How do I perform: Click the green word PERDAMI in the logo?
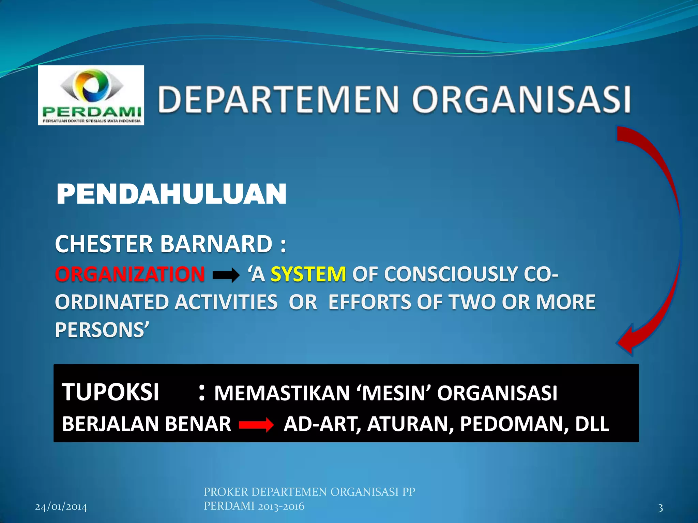[x=91, y=111]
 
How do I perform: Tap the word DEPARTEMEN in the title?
[x=278, y=99]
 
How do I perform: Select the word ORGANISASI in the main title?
[x=521, y=99]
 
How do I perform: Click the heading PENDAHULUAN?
[x=171, y=194]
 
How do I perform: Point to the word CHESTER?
[x=104, y=244]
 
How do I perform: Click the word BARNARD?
[x=216, y=244]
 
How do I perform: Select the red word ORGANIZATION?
[x=130, y=274]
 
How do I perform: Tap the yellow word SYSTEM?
[x=308, y=274]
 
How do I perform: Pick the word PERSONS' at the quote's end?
[x=102, y=330]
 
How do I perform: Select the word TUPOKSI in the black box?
[x=110, y=392]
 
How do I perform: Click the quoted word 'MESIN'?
[x=394, y=393]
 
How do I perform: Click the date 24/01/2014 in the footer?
[x=61, y=507]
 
